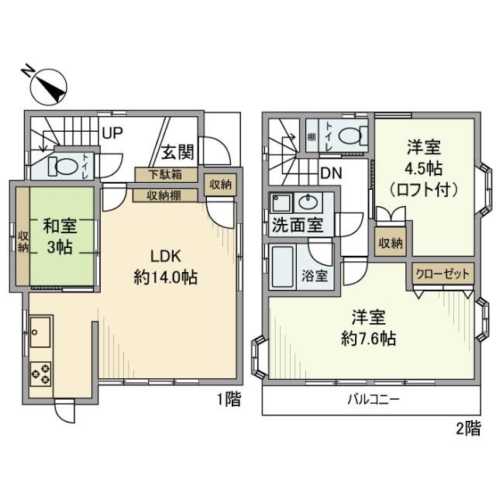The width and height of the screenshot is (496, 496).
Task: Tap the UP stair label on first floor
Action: click(x=113, y=133)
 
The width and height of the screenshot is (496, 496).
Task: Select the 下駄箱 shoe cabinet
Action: click(x=165, y=174)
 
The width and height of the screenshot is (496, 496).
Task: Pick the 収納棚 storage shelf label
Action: click(x=165, y=195)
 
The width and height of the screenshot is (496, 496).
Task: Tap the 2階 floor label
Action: click(x=467, y=428)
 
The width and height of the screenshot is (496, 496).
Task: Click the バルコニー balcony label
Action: click(x=372, y=401)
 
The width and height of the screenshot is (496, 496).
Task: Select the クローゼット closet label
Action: click(x=443, y=274)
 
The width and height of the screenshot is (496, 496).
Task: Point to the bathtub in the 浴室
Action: click(x=280, y=267)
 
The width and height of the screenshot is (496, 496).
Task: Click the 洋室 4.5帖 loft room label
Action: click(x=424, y=167)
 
